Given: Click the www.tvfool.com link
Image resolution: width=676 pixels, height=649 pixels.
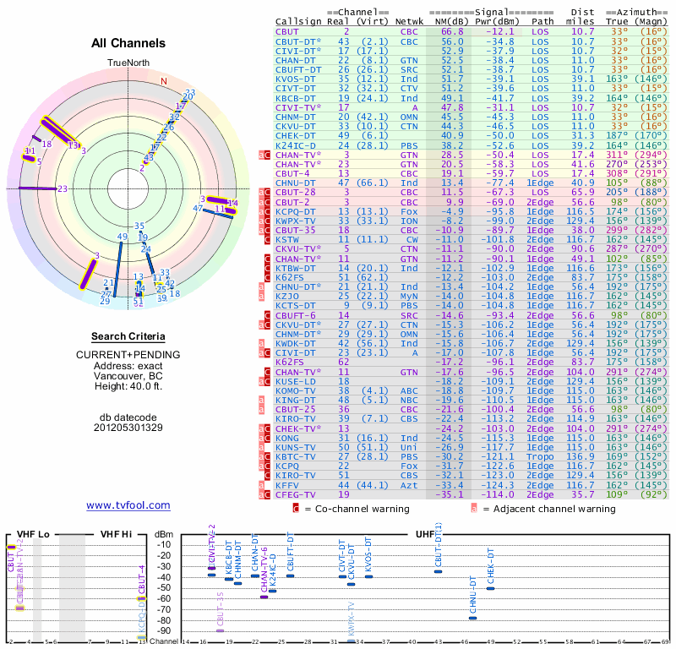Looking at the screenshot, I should click(x=128, y=505).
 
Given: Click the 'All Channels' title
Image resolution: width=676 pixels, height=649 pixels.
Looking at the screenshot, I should click(x=128, y=43).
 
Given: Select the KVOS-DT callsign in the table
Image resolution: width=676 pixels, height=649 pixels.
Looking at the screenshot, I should click(x=296, y=79).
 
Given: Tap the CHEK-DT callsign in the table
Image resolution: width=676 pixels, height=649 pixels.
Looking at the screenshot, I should click(x=296, y=135).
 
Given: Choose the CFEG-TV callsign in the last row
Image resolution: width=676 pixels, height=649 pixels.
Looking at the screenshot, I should click(x=296, y=494).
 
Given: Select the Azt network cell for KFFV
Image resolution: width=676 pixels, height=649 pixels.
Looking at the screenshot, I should click(x=409, y=485).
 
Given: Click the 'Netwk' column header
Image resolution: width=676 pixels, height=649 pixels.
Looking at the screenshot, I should click(x=410, y=20).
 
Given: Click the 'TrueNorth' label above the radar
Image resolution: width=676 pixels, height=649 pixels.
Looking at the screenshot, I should click(x=128, y=63).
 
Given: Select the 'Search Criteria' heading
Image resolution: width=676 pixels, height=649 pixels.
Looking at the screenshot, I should click(x=128, y=336).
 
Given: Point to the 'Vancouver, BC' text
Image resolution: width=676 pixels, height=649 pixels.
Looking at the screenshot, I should click(x=128, y=376).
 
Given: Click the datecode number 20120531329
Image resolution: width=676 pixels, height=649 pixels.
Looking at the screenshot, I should click(x=128, y=428).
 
